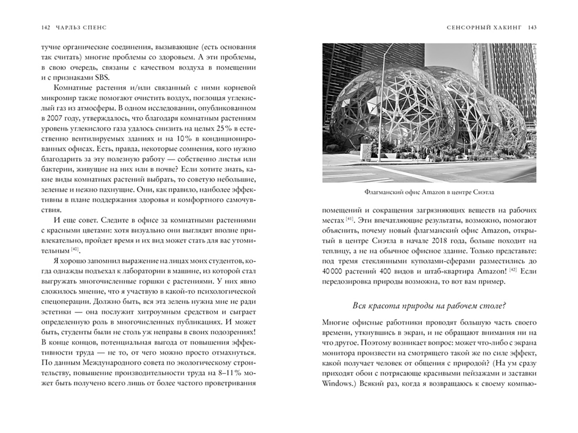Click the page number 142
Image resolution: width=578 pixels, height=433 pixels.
pyautogui.click(x=45, y=28)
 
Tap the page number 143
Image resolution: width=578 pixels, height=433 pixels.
pyautogui.click(x=532, y=28)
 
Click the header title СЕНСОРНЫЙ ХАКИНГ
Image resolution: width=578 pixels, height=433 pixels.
pyautogui.click(x=484, y=28)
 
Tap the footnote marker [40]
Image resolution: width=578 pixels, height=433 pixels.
pyautogui.click(x=75, y=250)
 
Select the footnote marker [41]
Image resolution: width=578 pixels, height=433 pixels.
pyautogui.click(x=349, y=219)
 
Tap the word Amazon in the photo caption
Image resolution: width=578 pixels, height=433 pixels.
pyautogui.click(x=433, y=192)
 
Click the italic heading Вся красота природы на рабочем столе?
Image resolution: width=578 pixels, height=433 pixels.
pyautogui.click(x=429, y=306)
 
